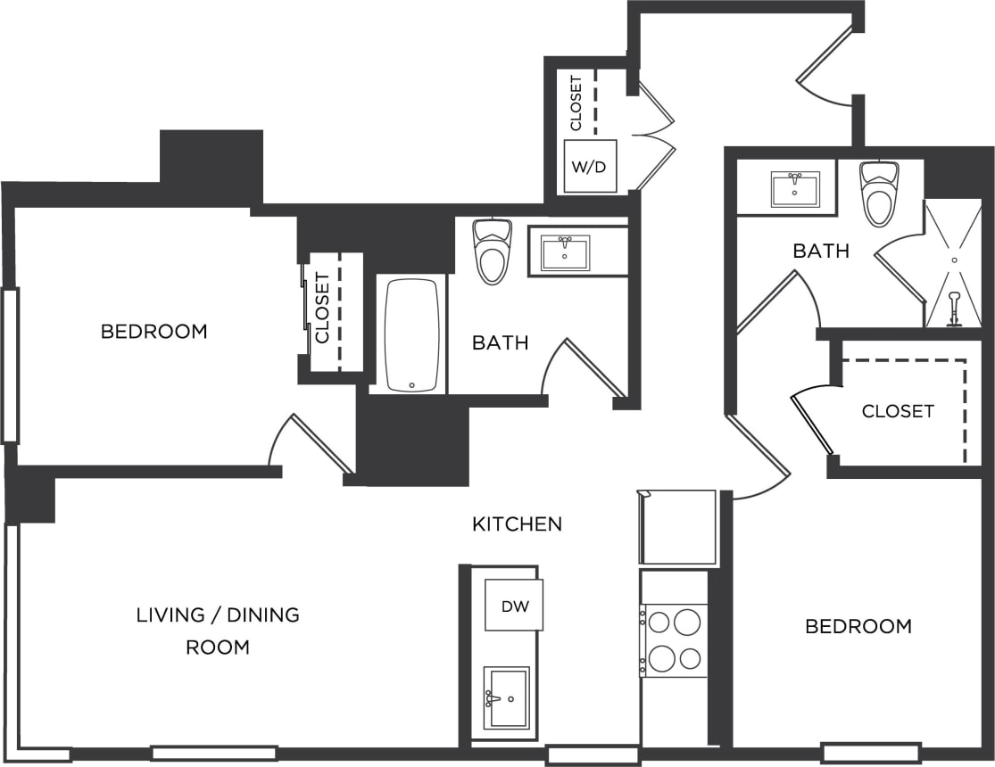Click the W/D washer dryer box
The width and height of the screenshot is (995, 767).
click(590, 166)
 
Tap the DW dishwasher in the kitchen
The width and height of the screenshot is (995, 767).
click(514, 606)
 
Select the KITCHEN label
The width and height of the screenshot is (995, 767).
click(517, 524)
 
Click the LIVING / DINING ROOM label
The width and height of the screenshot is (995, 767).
click(218, 631)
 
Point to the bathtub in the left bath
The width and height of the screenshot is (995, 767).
click(411, 334)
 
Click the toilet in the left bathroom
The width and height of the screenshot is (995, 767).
click(492, 252)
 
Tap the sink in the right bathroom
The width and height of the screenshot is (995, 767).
click(794, 188)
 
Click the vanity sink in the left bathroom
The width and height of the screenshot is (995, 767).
click(565, 252)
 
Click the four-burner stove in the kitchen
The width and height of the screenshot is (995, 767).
click(675, 639)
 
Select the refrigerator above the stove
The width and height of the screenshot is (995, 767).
click(678, 527)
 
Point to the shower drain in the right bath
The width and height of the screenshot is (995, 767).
click(954, 260)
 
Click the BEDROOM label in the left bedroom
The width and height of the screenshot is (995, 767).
click(153, 332)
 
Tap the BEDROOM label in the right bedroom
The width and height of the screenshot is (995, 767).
click(858, 626)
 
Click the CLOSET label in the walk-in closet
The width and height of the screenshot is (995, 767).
click(898, 411)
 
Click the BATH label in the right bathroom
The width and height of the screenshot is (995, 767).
click(821, 252)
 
